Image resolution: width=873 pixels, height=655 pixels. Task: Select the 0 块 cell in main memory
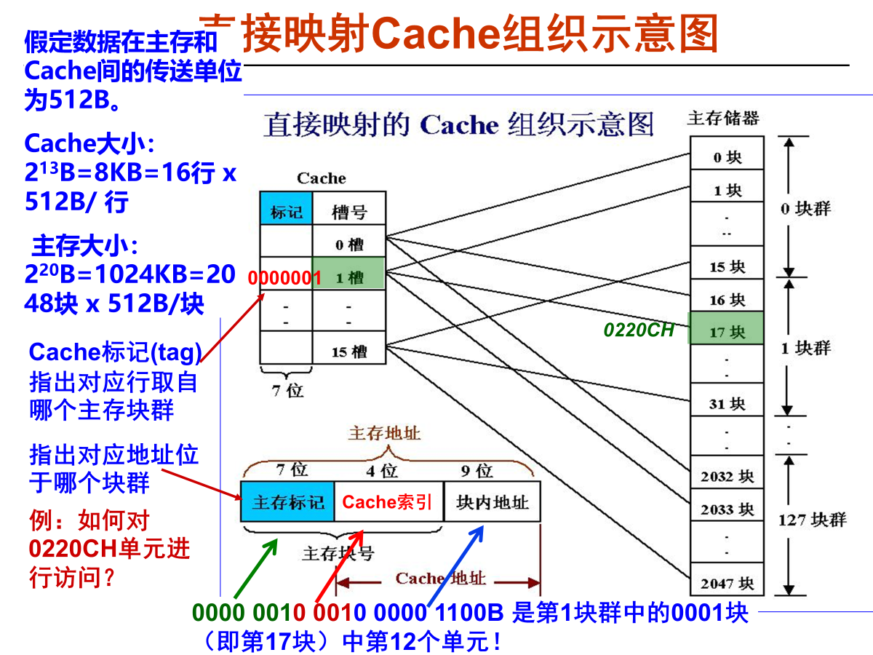point(725,155)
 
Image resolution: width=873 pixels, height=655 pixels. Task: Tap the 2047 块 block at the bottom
point(725,582)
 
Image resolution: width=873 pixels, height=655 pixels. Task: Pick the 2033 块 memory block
point(725,509)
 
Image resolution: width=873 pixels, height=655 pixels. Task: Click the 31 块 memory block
point(725,402)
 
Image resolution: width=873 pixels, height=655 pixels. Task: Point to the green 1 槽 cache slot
point(349,274)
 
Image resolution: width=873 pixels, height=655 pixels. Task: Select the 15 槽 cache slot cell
point(349,351)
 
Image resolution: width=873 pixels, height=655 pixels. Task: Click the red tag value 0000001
point(284,277)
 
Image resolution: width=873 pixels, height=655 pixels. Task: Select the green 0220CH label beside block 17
point(639,330)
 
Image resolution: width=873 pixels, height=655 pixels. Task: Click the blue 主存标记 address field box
point(287,501)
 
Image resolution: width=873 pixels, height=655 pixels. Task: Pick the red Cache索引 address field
point(388,501)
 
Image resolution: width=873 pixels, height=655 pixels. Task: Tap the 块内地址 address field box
point(492,501)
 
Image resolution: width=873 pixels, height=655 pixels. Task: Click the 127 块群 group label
point(813,520)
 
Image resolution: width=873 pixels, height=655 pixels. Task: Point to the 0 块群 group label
point(805,209)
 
